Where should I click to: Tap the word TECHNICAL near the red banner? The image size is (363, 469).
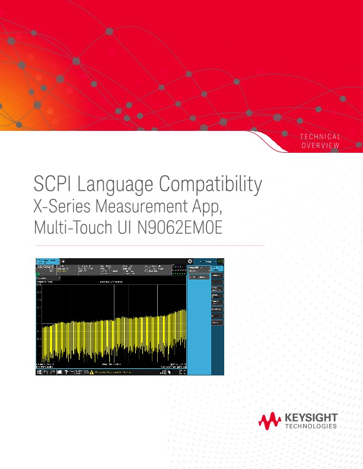tap(320, 137)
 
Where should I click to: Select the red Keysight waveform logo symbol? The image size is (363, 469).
tap(270, 421)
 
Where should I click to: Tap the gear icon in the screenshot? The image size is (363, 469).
tap(190, 261)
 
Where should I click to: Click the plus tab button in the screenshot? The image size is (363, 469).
tap(63, 261)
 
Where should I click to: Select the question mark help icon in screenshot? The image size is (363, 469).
tap(66, 372)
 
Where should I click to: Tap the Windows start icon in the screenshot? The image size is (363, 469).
tap(39, 372)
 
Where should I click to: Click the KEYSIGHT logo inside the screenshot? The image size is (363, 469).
tap(46, 268)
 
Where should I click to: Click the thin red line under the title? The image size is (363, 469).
tap(148, 245)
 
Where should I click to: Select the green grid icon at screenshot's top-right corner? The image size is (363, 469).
tap(221, 261)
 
